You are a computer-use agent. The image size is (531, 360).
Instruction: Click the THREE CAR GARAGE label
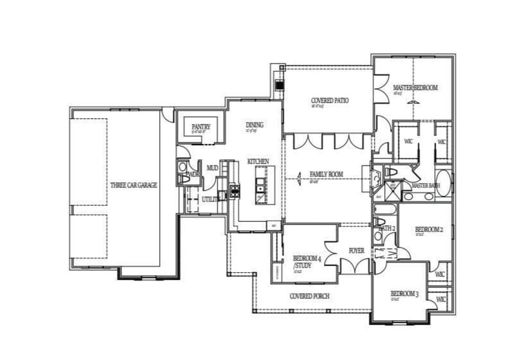click(133, 185)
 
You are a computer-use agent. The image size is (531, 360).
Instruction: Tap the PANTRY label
click(200, 127)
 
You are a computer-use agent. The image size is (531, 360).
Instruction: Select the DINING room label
click(254, 125)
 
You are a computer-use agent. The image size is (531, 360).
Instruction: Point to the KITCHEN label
click(258, 162)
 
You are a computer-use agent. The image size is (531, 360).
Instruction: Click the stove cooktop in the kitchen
click(234, 191)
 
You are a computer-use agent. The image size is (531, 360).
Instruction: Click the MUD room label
click(212, 168)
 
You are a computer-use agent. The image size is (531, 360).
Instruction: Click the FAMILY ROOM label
click(326, 174)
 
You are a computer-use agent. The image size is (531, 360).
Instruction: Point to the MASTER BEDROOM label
click(415, 88)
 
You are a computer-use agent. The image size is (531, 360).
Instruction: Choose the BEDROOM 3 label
click(404, 294)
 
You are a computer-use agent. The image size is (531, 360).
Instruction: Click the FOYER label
click(356, 251)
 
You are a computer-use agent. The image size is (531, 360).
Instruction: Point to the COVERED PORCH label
click(309, 296)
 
